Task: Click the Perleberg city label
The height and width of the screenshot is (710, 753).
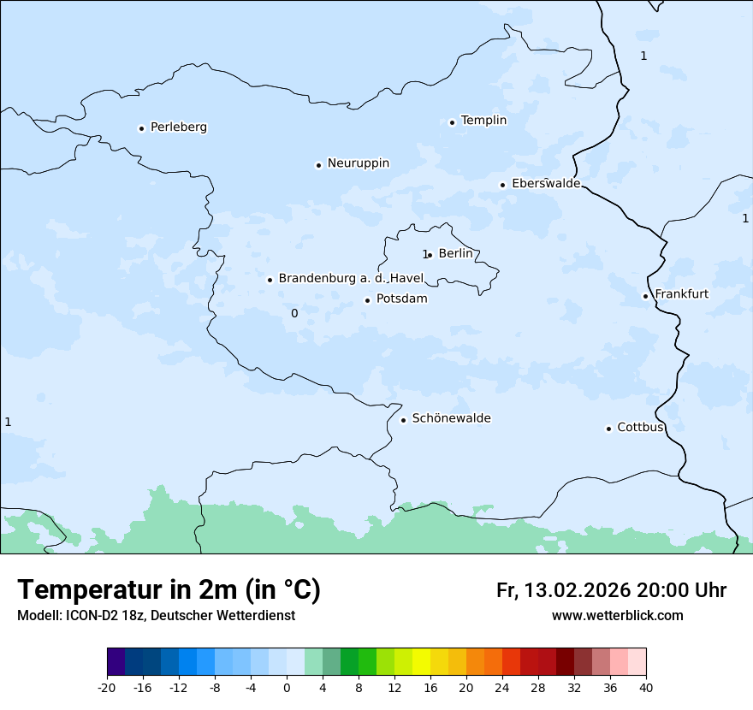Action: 178,127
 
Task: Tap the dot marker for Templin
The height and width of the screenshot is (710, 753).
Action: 452,122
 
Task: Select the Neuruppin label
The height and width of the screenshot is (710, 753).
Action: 358,163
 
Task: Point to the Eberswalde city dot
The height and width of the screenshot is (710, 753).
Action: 502,185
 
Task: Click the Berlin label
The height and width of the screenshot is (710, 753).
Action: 455,253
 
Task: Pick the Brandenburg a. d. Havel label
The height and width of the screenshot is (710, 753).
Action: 351,279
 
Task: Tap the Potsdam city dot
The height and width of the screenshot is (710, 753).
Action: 367,300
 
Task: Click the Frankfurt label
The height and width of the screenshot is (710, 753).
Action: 681,294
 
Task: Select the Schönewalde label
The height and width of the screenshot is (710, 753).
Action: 451,418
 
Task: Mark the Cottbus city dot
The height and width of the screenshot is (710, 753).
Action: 608,429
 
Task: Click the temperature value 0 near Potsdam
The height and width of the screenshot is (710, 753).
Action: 294,314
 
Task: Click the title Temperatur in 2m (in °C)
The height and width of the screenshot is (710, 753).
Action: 169,590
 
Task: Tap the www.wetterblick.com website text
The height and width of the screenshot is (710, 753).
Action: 617,616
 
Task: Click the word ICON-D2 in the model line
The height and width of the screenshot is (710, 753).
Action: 92,616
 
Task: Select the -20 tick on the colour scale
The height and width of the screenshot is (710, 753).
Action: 107,687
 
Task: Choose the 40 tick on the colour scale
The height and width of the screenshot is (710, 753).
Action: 646,687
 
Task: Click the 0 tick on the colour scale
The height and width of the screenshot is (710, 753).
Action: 287,687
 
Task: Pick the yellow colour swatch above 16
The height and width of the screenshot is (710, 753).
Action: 421,662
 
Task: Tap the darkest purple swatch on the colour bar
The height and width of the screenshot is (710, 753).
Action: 116,662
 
